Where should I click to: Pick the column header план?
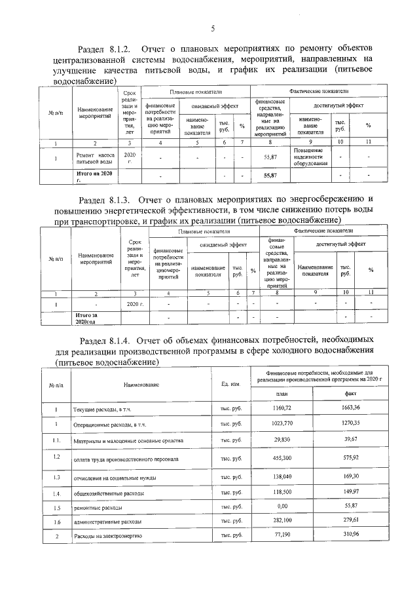pos(282,393)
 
